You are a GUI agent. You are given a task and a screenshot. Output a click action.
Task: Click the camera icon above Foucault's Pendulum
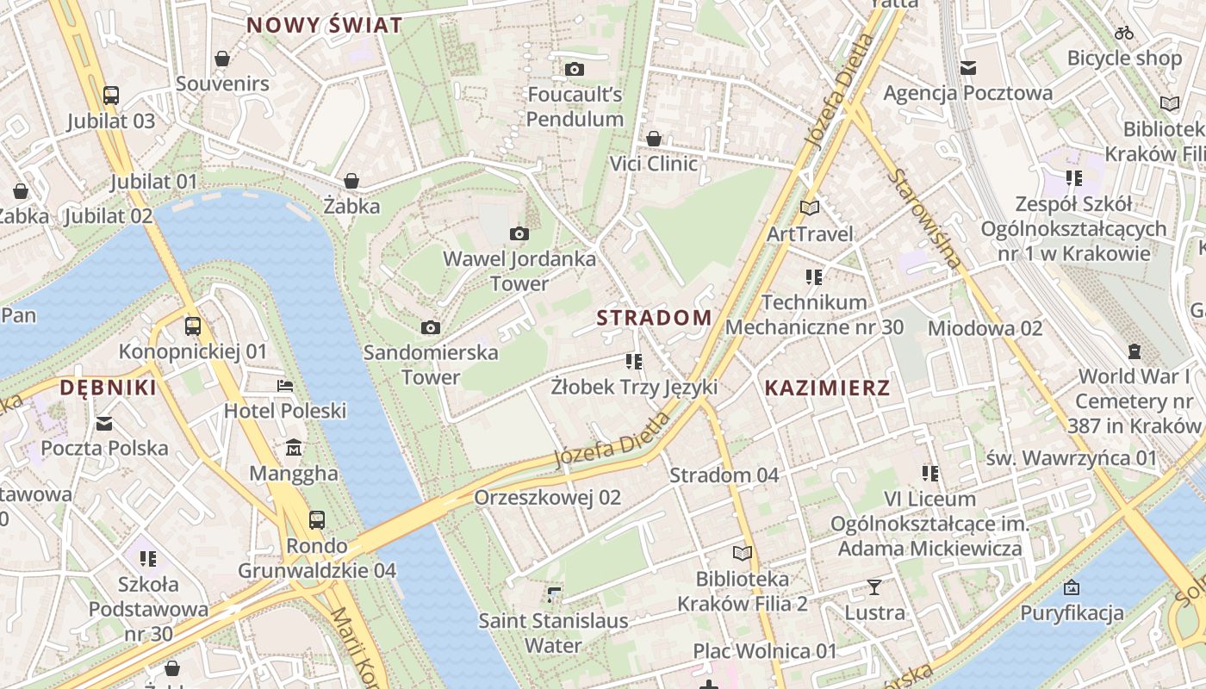pyautogui.click(x=575, y=69)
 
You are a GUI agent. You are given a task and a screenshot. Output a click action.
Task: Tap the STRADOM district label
pyautogui.click(x=654, y=318)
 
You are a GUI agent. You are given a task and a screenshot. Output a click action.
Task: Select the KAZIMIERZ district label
pyautogui.click(x=827, y=388)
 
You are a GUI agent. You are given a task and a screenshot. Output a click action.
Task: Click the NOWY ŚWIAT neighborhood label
pyautogui.click(x=325, y=25)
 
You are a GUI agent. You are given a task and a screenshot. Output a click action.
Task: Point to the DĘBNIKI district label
pyautogui.click(x=109, y=388)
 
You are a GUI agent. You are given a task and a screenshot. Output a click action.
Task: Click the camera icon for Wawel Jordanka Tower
pyautogui.click(x=519, y=233)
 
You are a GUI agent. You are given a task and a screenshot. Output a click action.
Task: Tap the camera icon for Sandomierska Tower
pyautogui.click(x=431, y=327)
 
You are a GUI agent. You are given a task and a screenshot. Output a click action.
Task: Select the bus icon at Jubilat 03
pyautogui.click(x=111, y=95)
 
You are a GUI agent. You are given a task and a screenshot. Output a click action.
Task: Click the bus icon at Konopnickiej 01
pyautogui.click(x=193, y=326)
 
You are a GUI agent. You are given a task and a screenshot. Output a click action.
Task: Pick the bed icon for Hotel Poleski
pyautogui.click(x=285, y=386)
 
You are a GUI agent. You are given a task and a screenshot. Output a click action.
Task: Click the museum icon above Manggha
pyautogui.click(x=294, y=448)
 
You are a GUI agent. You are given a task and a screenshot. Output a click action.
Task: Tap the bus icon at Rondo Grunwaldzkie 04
pyautogui.click(x=317, y=519)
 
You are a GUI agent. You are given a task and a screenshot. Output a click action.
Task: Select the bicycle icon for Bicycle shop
pyautogui.click(x=1124, y=34)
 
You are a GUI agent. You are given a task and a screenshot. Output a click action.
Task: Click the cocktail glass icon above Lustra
pyautogui.click(x=874, y=587)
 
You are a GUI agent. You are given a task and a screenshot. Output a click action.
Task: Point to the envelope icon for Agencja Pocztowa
pyautogui.click(x=968, y=68)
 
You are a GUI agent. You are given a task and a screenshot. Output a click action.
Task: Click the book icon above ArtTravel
pyautogui.click(x=810, y=208)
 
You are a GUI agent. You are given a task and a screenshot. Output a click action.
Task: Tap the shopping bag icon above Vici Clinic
pyautogui.click(x=654, y=139)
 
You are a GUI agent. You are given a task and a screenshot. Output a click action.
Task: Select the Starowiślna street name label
pyautogui.click(x=927, y=219)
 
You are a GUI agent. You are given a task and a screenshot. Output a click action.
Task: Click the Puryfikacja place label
pyautogui.click(x=1072, y=613)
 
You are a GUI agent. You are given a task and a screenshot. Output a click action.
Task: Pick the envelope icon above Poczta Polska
pyautogui.click(x=104, y=423)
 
